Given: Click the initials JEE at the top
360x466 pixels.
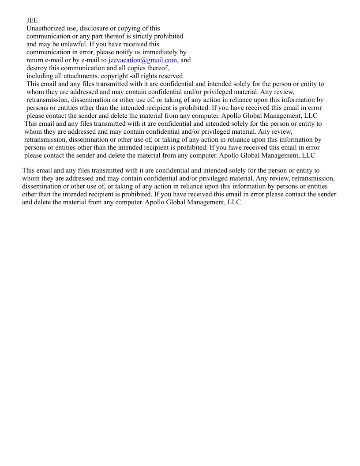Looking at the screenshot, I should point(32,20).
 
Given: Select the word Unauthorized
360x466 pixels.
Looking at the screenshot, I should point(45,28).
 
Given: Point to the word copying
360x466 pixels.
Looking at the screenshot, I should point(132,28).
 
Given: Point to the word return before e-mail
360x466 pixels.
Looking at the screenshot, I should point(36,60).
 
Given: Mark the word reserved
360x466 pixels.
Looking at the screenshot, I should point(172,76).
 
